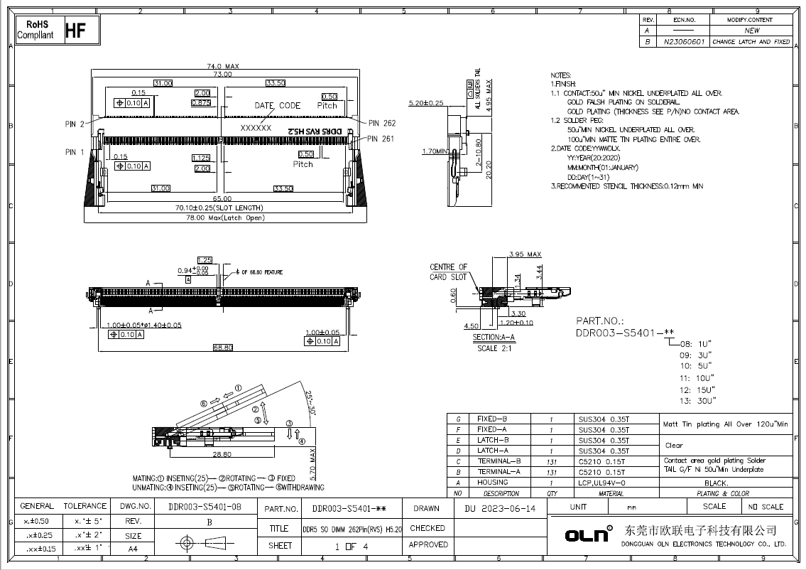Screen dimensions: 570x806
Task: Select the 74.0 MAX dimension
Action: [x=223, y=66]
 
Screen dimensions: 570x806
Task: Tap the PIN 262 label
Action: [x=382, y=123]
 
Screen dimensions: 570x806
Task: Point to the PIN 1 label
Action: [x=75, y=151]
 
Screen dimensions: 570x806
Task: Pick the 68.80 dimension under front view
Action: [x=222, y=348]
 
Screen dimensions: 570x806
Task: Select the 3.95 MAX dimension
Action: [x=525, y=254]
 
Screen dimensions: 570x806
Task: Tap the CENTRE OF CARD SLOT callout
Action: [x=449, y=271]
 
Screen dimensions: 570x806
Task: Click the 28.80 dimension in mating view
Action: [x=222, y=453]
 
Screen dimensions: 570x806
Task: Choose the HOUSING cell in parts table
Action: [x=493, y=483]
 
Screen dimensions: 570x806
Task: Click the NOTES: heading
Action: [x=561, y=75]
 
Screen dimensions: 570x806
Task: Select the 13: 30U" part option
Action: [x=695, y=402]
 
